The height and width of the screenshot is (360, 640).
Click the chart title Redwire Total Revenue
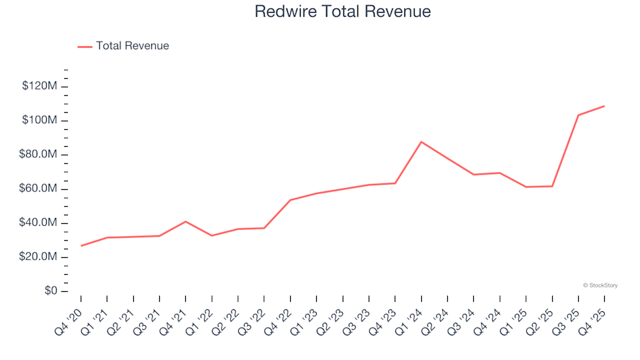coord(343,12)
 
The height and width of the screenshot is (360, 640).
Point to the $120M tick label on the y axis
coord(39,86)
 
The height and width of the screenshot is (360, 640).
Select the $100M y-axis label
coord(39,121)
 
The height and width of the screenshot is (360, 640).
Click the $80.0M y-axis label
coord(39,155)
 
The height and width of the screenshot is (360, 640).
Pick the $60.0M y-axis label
coord(39,189)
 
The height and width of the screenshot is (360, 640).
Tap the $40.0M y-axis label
coord(39,223)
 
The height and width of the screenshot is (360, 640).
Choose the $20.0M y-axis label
coord(39,257)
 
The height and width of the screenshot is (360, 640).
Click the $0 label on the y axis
coord(50,291)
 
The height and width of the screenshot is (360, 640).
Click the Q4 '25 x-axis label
coord(595,313)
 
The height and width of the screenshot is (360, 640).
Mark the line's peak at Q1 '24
coord(421,142)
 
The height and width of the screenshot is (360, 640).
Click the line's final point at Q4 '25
coord(604,106)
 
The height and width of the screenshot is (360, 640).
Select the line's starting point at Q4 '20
coord(81,246)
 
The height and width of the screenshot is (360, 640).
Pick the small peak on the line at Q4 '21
coord(185,221)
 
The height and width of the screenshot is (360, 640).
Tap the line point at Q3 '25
coord(578,115)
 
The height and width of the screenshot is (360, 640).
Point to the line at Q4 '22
coord(290,200)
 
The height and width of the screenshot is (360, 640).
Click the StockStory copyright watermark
coord(600,285)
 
